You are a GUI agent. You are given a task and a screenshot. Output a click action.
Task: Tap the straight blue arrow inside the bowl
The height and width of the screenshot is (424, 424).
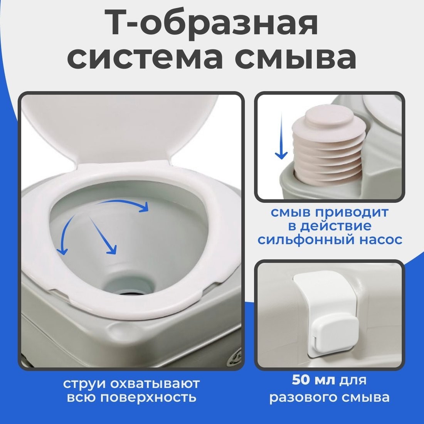click(103, 235)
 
